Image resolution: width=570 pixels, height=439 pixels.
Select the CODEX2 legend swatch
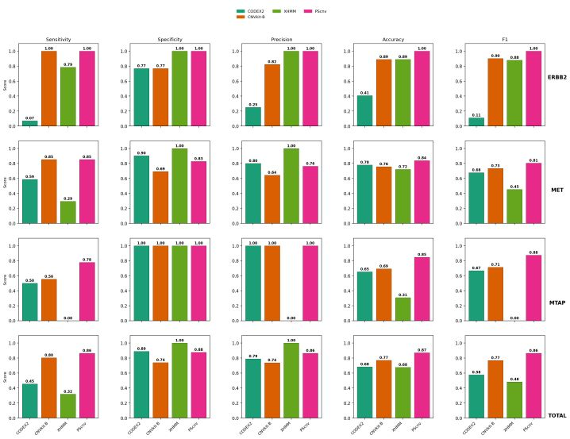click(x=241, y=11)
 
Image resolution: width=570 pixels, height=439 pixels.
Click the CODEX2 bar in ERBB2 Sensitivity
click(x=30, y=123)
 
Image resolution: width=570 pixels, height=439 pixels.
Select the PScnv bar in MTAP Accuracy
click(x=420, y=289)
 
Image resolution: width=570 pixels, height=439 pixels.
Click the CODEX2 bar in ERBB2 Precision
click(x=252, y=117)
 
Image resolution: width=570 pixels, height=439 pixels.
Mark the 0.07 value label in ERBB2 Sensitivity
click(x=30, y=117)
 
